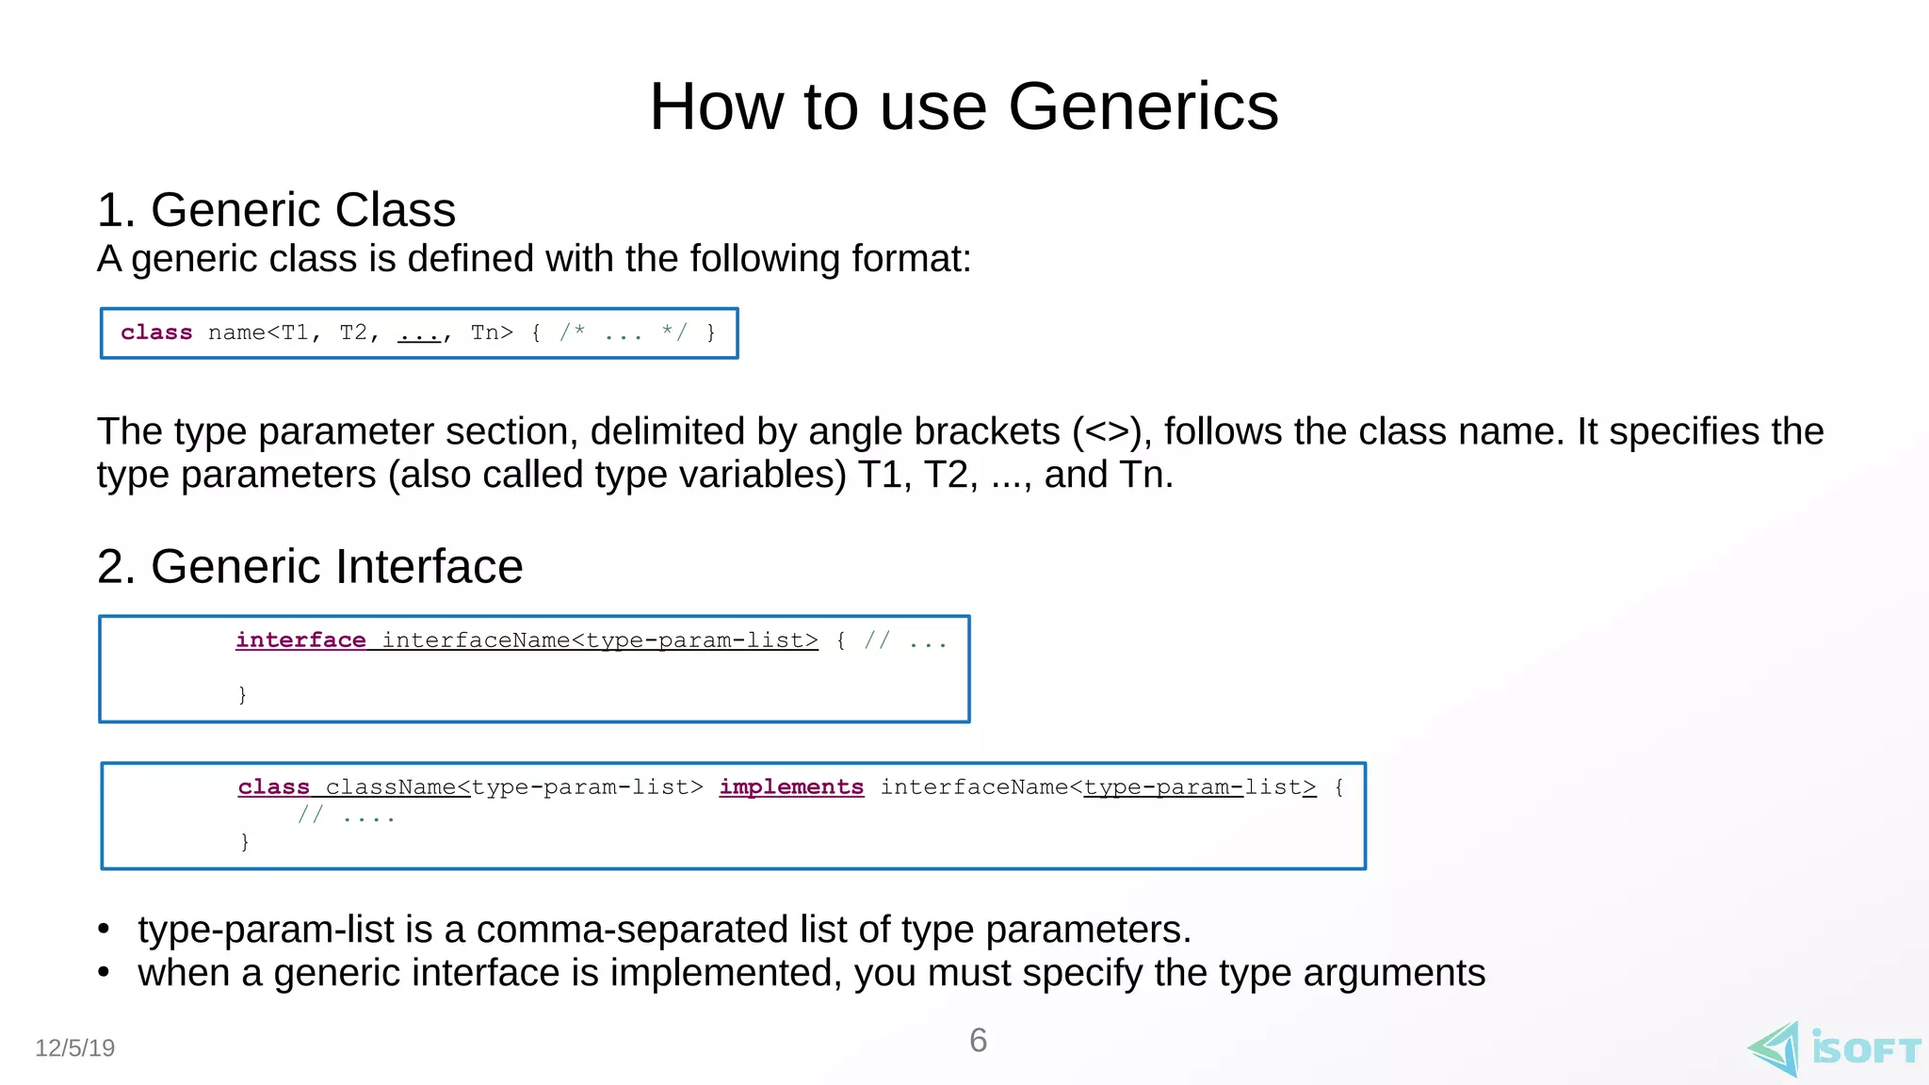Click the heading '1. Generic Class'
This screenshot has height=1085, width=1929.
point(276,209)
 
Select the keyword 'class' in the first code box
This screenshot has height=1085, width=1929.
point(156,332)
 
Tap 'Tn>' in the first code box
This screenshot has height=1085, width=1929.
point(492,332)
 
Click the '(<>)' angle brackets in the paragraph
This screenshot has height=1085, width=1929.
point(1107,431)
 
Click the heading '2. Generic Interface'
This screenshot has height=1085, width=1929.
point(310,566)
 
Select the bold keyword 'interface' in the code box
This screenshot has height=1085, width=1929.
point(300,640)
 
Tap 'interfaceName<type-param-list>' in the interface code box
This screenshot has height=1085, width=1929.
point(600,640)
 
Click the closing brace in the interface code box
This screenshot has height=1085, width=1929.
point(242,694)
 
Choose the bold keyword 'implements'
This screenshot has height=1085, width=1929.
point(791,787)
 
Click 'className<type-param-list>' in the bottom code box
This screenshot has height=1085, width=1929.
point(514,787)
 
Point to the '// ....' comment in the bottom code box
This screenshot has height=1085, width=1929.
point(346,816)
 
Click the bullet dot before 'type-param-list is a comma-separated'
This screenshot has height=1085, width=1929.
point(104,930)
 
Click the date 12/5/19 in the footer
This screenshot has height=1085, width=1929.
point(74,1048)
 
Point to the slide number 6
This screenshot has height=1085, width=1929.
point(978,1041)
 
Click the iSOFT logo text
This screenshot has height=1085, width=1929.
point(1866,1049)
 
